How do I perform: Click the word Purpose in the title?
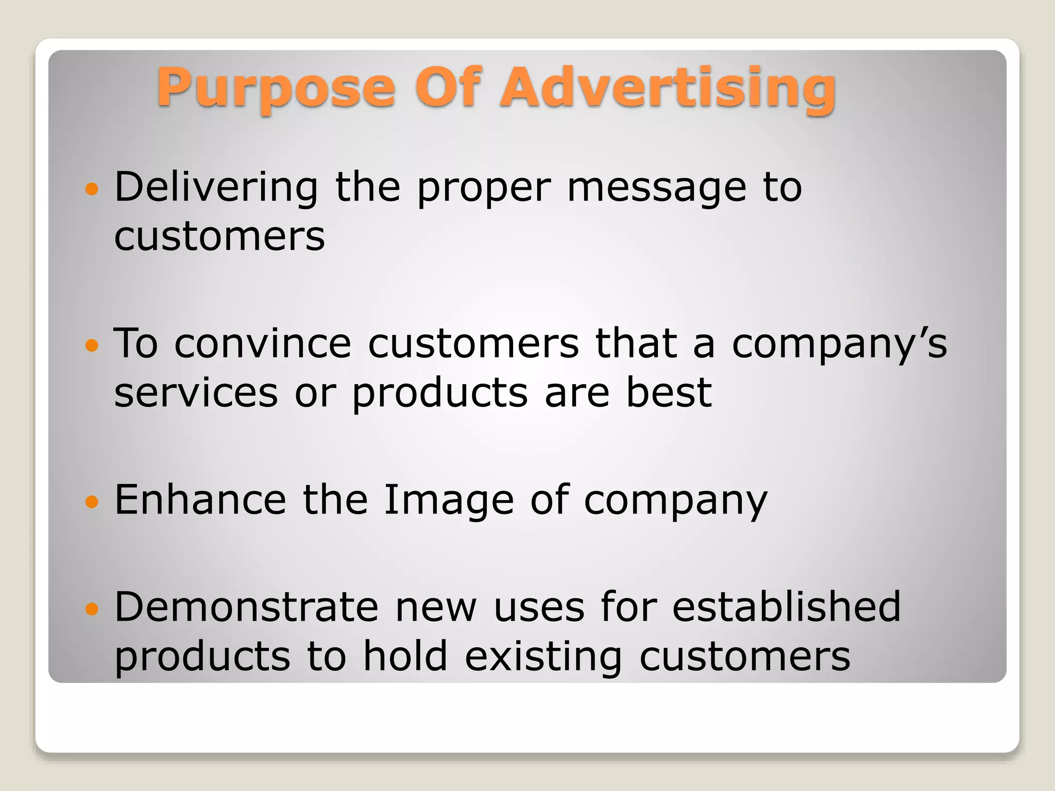[x=276, y=89]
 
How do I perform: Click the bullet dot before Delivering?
[x=92, y=189]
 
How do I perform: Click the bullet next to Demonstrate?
[x=92, y=609]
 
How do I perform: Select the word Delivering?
[x=216, y=188]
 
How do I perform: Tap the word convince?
[x=263, y=344]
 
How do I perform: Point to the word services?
[x=196, y=393]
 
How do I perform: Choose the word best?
[x=669, y=393]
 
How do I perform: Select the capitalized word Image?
[x=449, y=501]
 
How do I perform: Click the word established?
[x=786, y=607]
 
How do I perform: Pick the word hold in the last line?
[x=405, y=656]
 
